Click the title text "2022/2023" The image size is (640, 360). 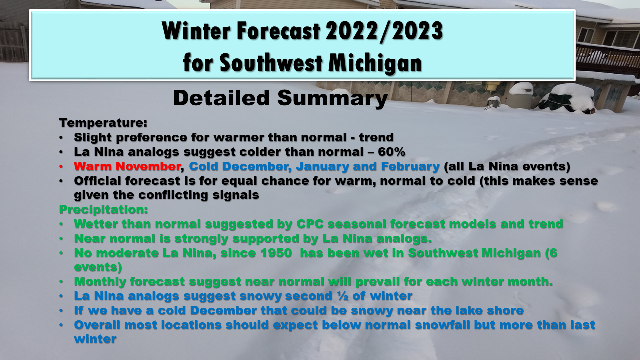tap(384, 31)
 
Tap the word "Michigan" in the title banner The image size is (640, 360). tap(375, 63)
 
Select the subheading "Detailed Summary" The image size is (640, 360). tap(280, 98)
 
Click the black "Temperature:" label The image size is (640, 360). tap(103, 123)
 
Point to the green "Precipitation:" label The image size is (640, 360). tap(103, 210)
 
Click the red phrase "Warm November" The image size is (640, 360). tap(127, 166)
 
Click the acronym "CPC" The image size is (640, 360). tap(310, 224)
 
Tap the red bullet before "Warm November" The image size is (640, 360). tap(61, 167)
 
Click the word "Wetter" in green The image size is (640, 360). tap(96, 224)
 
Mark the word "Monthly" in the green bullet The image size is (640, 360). tap(100, 282)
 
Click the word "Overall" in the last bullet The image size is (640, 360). tap(97, 325)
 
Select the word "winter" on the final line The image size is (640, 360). tap(95, 339)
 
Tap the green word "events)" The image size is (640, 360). tap(98, 267)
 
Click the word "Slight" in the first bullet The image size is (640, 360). tap(93, 137)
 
